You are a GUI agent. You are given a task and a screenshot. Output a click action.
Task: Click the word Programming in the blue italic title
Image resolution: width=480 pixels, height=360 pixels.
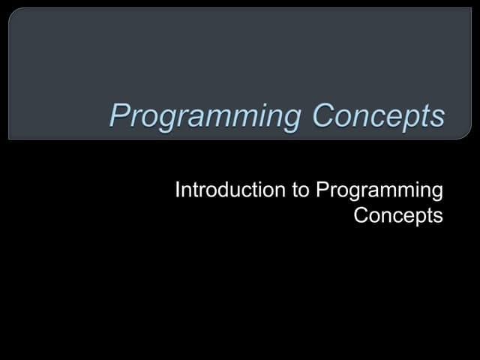(206, 117)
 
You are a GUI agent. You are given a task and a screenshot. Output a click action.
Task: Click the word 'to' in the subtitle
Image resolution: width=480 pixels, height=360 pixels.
(300, 190)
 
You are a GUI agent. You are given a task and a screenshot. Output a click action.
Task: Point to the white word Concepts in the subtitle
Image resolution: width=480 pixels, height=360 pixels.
(398, 216)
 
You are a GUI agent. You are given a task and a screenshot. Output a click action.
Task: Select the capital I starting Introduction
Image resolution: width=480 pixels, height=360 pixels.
(177, 190)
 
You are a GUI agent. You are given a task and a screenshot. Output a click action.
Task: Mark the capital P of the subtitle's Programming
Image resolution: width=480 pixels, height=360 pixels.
(322, 190)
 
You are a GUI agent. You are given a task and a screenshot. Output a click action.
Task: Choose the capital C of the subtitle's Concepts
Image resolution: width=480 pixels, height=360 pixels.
(361, 216)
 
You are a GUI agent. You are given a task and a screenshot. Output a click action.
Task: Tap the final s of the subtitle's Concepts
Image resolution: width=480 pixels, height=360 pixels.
(439, 217)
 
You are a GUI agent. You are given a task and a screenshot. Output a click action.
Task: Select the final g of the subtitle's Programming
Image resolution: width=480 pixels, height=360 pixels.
(437, 193)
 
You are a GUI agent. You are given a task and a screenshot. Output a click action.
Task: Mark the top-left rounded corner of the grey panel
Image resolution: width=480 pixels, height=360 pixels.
(11, 10)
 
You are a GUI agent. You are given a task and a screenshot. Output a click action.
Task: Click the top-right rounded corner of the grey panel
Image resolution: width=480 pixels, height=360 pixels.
(469, 10)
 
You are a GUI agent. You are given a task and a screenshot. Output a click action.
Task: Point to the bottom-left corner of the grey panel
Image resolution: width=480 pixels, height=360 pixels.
(10, 138)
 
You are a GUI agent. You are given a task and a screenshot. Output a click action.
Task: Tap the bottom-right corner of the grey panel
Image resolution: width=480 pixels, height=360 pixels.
(470, 138)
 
